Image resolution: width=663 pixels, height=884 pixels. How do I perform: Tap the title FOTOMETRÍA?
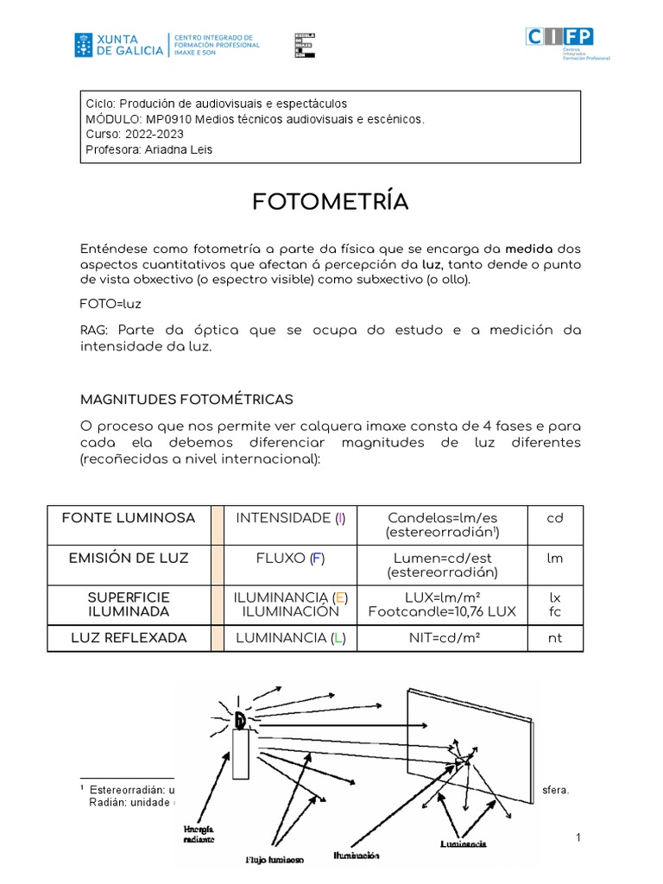pos(331,202)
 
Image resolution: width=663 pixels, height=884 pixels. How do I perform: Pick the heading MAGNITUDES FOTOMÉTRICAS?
pos(186,399)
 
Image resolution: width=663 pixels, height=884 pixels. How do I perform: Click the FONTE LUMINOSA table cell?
pos(128,518)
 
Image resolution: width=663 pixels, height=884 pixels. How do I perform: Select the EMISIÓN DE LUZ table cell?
pos(128,558)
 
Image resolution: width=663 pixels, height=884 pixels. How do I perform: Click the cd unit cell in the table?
pos(554,518)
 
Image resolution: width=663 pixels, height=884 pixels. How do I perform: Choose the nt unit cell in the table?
pos(554,638)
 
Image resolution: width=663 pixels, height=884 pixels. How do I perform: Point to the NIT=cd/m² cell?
pos(441,638)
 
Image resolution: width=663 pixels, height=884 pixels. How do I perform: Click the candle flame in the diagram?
pos(241,717)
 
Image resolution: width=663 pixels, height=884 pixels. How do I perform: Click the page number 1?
pos(578,839)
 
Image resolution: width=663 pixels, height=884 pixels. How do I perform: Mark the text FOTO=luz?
pos(110,304)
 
